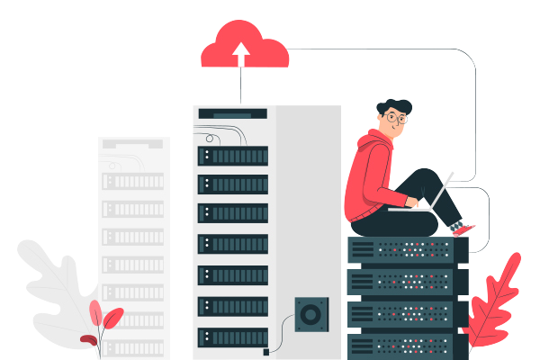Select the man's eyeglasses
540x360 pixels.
pos(396,117)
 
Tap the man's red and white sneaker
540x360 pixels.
pos(463,229)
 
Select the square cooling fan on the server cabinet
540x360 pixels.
pos(311,315)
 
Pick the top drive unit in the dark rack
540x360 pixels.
pos(232,155)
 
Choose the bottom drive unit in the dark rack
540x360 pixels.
pos(232,336)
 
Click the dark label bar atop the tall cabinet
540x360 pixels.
pos(232,113)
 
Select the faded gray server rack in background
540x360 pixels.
pos(133,243)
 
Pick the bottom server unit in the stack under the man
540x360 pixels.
pos(409,345)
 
